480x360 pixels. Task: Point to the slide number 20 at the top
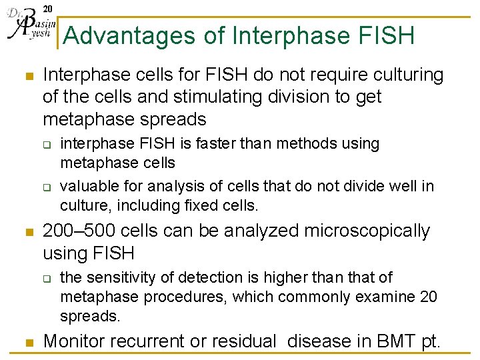pos(47,8)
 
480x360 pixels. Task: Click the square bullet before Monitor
pos(27,343)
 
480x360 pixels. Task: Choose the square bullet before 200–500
pos(27,233)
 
